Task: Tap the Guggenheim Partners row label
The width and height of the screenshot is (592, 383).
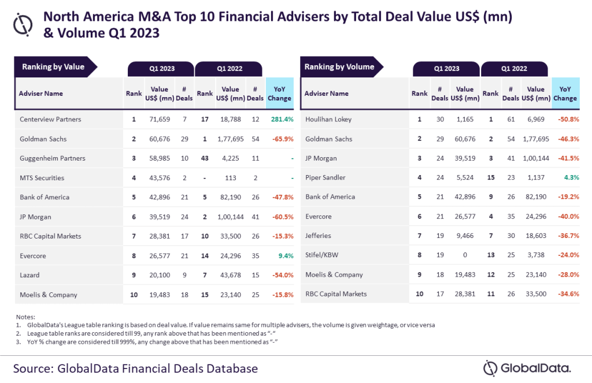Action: click(53, 158)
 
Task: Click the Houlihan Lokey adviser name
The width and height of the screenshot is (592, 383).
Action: click(328, 120)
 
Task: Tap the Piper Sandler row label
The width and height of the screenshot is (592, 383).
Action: click(325, 178)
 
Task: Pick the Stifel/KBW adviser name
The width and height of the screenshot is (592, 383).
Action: click(321, 255)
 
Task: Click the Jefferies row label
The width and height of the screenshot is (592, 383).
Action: click(319, 236)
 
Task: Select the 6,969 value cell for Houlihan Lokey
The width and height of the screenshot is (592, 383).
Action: click(536, 120)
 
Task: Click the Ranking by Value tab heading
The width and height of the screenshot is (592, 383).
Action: click(53, 67)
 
